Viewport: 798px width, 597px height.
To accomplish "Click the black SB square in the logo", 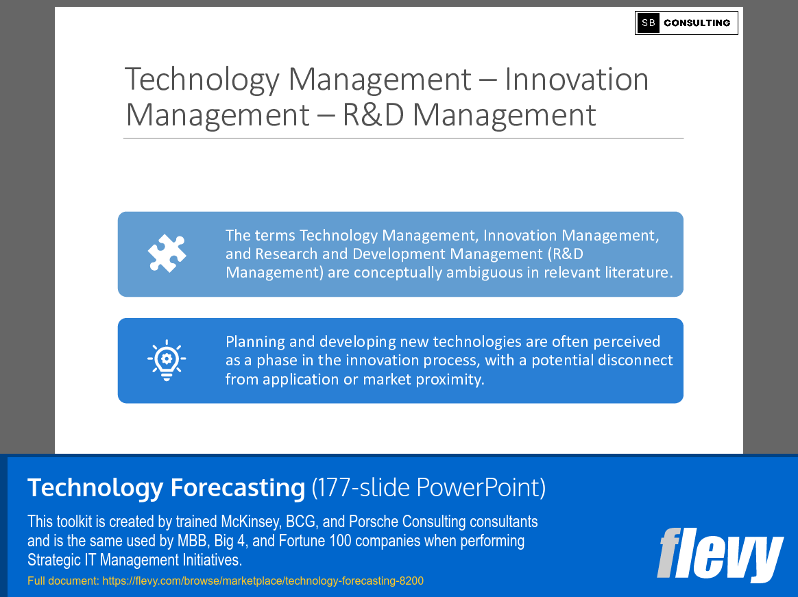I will pyautogui.click(x=648, y=23).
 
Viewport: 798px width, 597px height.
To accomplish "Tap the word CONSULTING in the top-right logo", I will pyautogui.click(x=697, y=23).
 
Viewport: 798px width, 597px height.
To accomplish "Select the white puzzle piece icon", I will pyautogui.click(x=167, y=254).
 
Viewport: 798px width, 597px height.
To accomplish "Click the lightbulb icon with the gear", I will pyautogui.click(x=167, y=360).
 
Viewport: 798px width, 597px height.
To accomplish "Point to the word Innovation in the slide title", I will pyautogui.click(x=577, y=80).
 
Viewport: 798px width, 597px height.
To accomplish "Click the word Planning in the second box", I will pyautogui.click(x=255, y=341).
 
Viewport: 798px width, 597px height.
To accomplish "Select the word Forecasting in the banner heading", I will pyautogui.click(x=237, y=488).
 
